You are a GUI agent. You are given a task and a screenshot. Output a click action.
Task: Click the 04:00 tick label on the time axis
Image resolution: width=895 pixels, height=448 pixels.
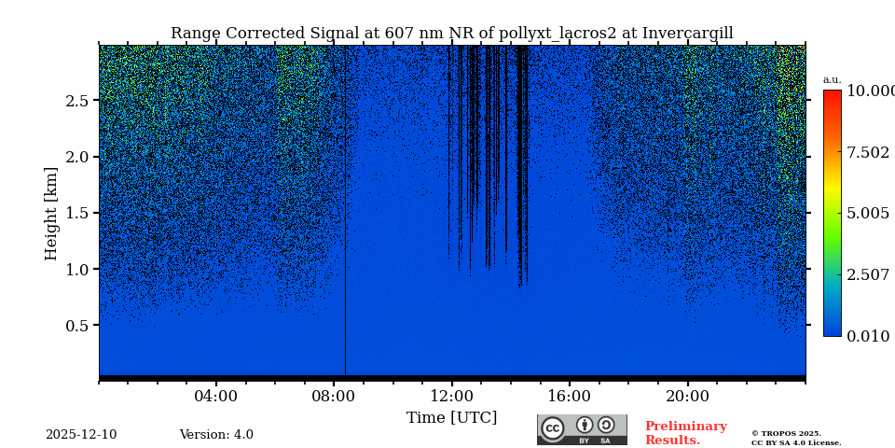click(216, 397)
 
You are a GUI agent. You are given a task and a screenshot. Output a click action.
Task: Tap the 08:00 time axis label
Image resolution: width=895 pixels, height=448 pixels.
click(334, 397)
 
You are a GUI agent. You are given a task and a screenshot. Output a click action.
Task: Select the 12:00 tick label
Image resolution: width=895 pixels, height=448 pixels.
click(452, 397)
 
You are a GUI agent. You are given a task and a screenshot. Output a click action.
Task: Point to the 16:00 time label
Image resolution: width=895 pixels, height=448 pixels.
click(570, 397)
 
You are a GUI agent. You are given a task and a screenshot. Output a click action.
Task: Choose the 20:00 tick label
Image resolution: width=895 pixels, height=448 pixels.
click(687, 397)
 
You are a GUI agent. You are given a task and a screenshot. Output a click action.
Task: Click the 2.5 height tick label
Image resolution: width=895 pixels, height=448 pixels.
click(76, 101)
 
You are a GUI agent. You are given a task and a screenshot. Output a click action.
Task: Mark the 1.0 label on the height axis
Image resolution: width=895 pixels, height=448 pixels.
click(76, 270)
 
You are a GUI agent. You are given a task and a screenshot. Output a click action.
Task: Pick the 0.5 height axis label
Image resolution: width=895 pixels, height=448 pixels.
click(76, 326)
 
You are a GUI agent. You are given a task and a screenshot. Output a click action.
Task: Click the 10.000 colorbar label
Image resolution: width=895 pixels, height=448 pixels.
click(870, 91)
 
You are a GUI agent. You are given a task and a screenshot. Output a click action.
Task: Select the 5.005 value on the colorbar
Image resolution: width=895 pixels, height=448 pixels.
click(867, 214)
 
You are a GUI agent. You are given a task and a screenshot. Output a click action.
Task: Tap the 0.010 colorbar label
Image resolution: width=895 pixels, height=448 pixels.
click(867, 337)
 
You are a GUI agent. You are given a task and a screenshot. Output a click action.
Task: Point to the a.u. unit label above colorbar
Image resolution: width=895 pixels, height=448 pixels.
click(832, 80)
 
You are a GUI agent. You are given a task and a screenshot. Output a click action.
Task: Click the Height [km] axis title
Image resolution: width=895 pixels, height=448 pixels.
click(51, 213)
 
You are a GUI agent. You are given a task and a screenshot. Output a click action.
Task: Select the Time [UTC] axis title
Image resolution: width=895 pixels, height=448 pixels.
click(451, 418)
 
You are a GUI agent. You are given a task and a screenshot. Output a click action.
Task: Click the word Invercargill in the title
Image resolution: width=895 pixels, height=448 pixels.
click(687, 34)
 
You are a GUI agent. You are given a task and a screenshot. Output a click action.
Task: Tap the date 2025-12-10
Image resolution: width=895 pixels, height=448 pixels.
click(81, 435)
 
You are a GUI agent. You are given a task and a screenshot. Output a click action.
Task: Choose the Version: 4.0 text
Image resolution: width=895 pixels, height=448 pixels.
click(216, 435)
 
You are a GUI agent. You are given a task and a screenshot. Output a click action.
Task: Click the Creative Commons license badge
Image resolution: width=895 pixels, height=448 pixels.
click(582, 429)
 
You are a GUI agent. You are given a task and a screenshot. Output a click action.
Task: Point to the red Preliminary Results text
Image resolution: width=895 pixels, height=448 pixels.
click(685, 433)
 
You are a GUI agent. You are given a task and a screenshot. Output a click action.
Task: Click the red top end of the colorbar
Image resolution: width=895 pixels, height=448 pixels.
click(832, 94)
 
